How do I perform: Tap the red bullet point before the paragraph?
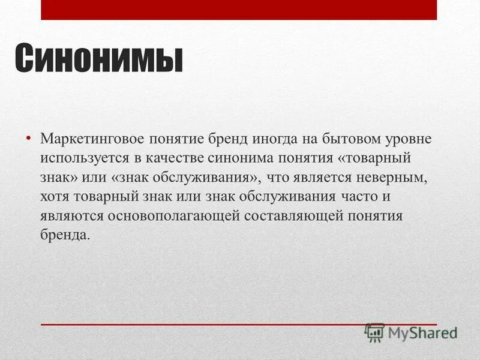pos(28,139)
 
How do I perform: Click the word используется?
pos(80,158)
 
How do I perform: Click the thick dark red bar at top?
pos(238,10)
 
